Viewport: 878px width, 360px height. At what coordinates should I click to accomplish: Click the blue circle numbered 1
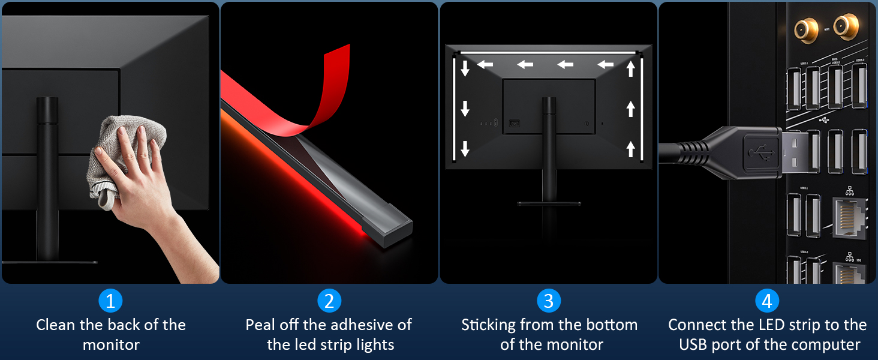(110, 301)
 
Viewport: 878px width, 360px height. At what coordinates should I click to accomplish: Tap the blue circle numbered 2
(329, 301)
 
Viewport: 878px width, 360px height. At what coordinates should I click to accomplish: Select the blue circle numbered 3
(548, 301)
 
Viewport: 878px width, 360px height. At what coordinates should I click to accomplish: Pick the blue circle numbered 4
(767, 301)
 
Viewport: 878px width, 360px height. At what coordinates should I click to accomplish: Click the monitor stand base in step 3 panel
(549, 204)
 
